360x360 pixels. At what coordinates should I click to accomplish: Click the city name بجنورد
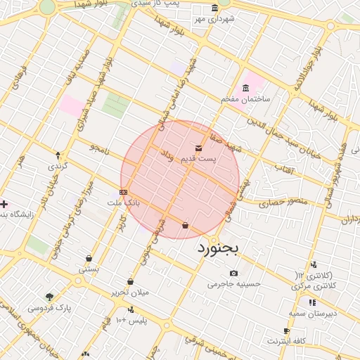coord(218,247)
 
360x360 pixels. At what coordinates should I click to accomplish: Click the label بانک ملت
coord(124,202)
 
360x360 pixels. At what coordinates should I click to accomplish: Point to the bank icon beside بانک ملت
coord(123,192)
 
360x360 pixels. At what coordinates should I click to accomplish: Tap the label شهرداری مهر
coord(213,19)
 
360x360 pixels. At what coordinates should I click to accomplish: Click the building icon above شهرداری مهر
coord(214,8)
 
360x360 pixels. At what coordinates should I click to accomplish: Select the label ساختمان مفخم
coord(245,99)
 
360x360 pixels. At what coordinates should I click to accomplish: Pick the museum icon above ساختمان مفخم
coord(245,88)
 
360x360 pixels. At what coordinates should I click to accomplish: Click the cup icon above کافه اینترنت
coord(286,330)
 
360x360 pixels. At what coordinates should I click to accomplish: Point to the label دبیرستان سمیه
coord(313,313)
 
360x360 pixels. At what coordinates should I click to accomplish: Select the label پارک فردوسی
coord(50,307)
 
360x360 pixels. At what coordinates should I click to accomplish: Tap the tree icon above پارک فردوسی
coord(49,296)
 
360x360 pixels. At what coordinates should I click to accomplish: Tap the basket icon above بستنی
coord(89,258)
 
